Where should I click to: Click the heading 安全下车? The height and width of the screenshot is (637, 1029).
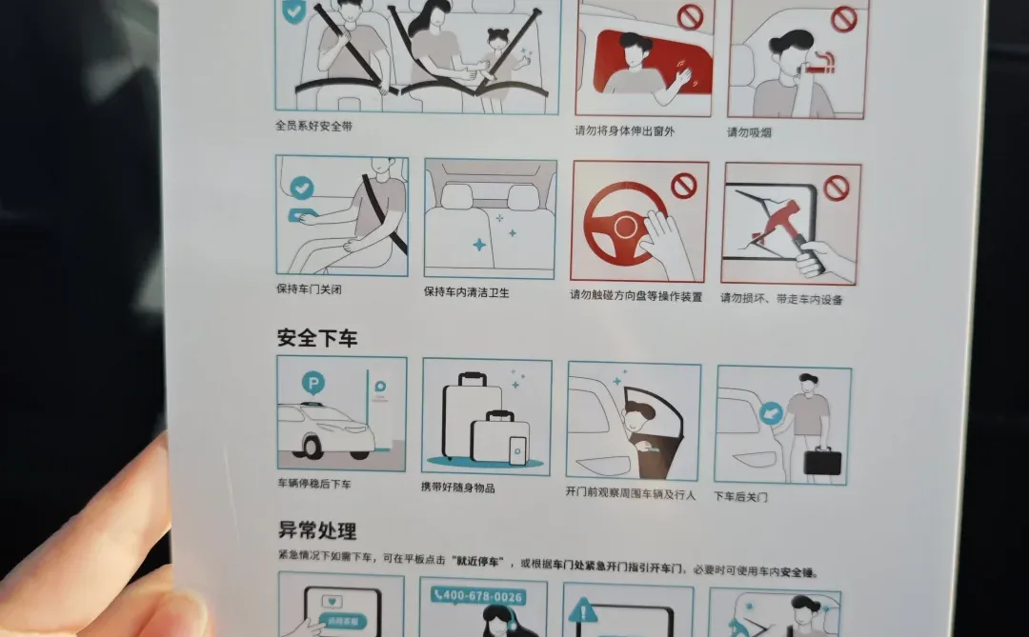316,337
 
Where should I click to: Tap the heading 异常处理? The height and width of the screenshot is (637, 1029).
317,530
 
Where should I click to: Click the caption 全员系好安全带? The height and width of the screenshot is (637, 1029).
313,126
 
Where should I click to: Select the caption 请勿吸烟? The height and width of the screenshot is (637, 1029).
749,132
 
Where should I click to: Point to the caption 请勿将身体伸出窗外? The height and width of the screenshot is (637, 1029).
624,131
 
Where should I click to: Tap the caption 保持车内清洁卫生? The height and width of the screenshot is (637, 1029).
467,292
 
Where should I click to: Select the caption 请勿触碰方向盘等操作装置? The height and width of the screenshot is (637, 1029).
636,296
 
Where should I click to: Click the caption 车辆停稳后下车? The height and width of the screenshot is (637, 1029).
314,484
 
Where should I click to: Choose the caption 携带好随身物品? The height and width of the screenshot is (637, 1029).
458,488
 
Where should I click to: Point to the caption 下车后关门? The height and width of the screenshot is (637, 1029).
741,496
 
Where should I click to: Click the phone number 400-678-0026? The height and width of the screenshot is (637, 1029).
477,596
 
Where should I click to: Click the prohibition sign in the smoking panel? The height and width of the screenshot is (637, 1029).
843,20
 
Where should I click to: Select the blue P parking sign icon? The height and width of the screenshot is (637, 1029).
313,383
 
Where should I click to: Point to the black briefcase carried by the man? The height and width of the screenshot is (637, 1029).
822,460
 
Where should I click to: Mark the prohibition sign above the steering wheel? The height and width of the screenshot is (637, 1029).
683,186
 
